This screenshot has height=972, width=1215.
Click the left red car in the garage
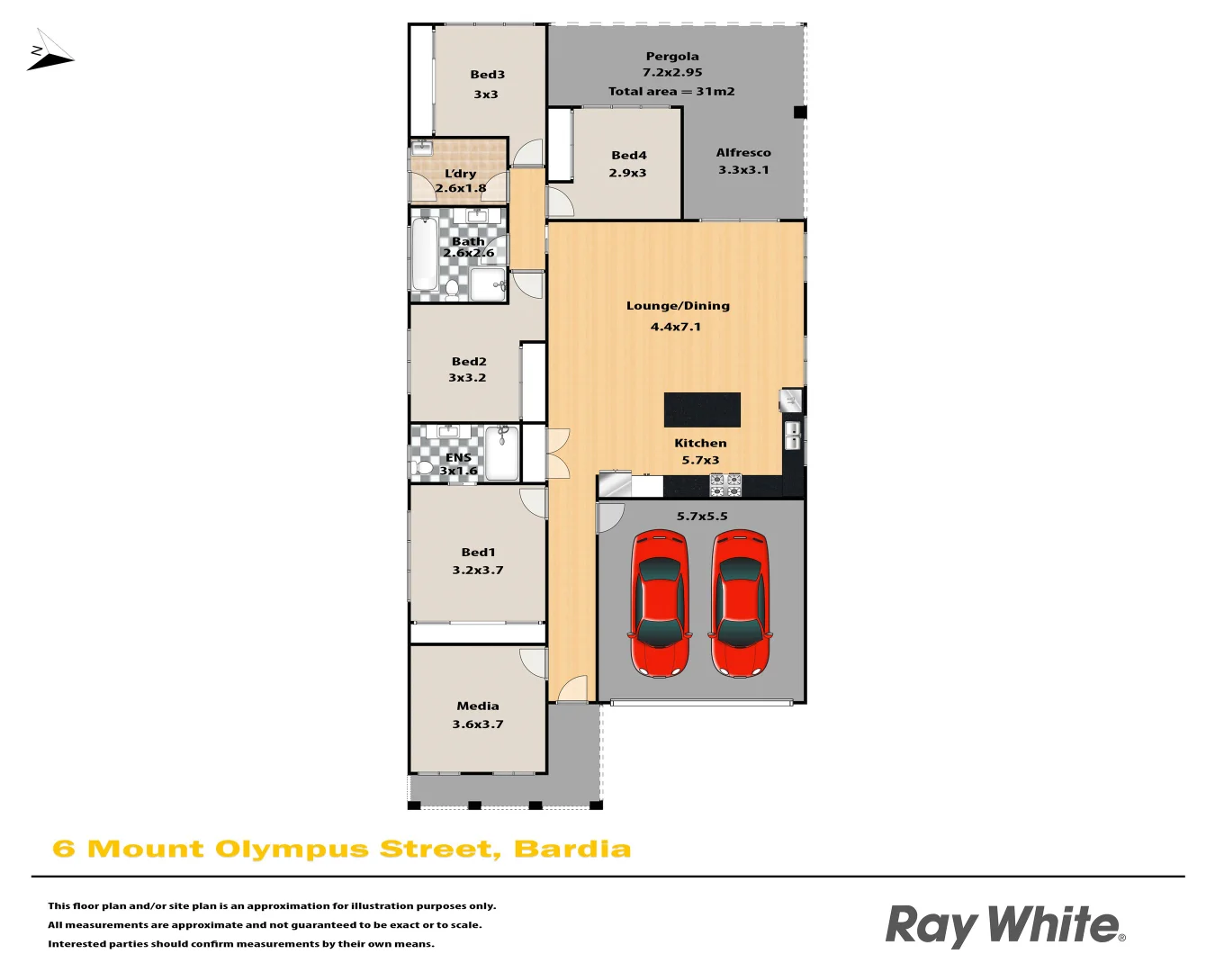[660, 603]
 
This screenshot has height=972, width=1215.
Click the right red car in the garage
[741, 603]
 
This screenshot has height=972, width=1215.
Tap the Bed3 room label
[487, 75]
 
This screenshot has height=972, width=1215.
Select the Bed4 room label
[628, 155]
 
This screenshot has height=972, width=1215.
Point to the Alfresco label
[743, 153]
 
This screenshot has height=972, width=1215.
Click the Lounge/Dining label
[678, 306]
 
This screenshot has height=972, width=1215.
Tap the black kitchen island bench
[702, 409]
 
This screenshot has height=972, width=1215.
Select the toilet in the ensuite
[424, 467]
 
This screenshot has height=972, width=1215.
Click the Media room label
[477, 706]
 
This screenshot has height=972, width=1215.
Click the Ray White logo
[1004, 925]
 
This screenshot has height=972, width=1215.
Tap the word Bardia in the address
[572, 850]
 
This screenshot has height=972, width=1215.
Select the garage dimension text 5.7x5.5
[702, 517]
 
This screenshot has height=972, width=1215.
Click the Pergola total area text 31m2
[715, 91]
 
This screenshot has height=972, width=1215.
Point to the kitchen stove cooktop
[725, 485]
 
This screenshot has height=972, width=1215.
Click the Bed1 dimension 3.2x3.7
[478, 570]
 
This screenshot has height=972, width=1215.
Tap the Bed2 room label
[469, 362]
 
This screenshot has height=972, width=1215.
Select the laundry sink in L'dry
[421, 148]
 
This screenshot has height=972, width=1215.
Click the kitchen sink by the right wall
[793, 436]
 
